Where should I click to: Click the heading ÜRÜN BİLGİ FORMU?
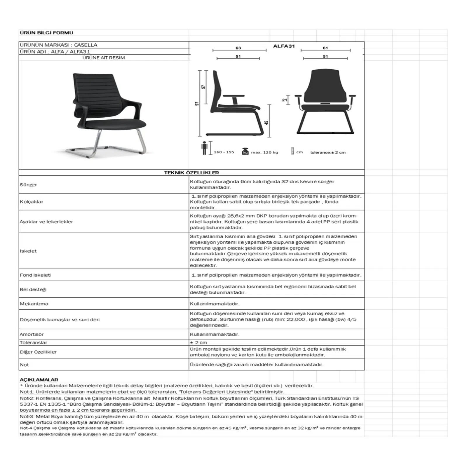pyautogui.click(x=46, y=33)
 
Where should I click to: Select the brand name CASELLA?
pyautogui.click(x=86, y=45)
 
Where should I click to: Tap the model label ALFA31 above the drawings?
pyautogui.click(x=284, y=46)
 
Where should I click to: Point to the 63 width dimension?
pyautogui.click(x=238, y=48)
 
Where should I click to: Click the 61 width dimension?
pyautogui.click(x=325, y=48)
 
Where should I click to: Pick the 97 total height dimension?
pyautogui.click(x=197, y=104)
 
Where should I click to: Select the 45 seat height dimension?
pyautogui.click(x=266, y=123)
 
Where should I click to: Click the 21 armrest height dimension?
pyautogui.click(x=284, y=100)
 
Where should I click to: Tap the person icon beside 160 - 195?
pyautogui.click(x=205, y=148)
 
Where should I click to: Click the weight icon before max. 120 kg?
pyautogui.click(x=245, y=151)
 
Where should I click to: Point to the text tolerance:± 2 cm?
pyautogui.click(x=328, y=152)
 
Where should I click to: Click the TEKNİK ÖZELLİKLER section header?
pyautogui.click(x=191, y=173)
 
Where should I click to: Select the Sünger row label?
pyautogui.click(x=28, y=185)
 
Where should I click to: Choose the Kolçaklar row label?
pyautogui.click(x=32, y=202)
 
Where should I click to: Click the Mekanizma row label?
pyautogui.click(x=34, y=304)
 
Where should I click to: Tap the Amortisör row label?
pyautogui.click(x=32, y=334)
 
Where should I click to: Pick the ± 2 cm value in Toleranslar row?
pyautogui.click(x=198, y=343)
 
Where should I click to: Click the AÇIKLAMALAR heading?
pyautogui.click(x=39, y=380)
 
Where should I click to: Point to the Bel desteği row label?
pyautogui.click(x=33, y=290)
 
